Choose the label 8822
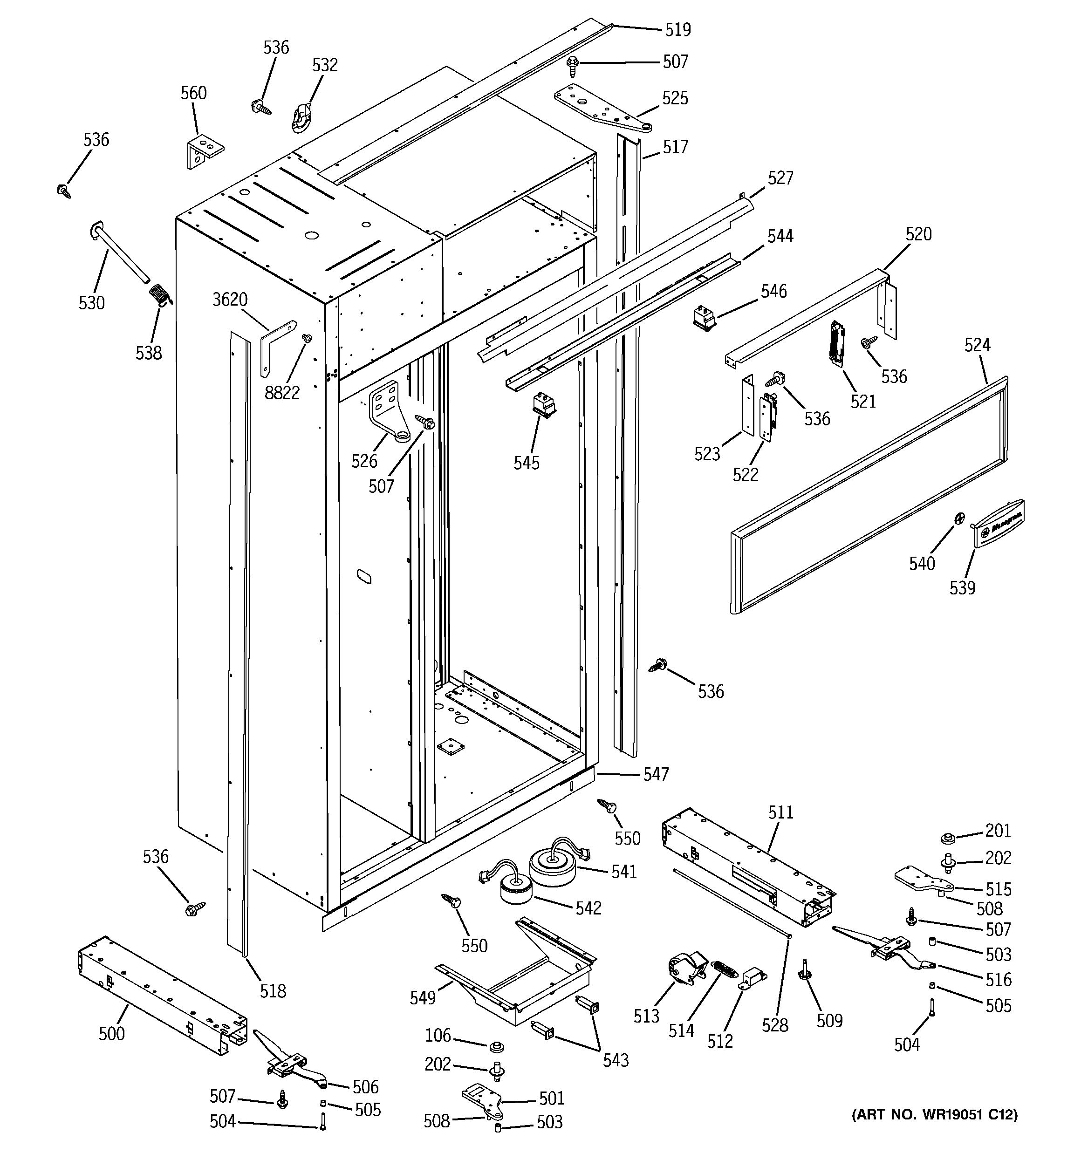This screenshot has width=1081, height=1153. click(x=282, y=393)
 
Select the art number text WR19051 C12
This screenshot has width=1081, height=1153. click(x=934, y=1114)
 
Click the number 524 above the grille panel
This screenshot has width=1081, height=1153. click(x=977, y=345)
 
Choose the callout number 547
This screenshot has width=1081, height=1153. click(x=656, y=774)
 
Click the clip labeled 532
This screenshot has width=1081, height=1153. click(x=302, y=116)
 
